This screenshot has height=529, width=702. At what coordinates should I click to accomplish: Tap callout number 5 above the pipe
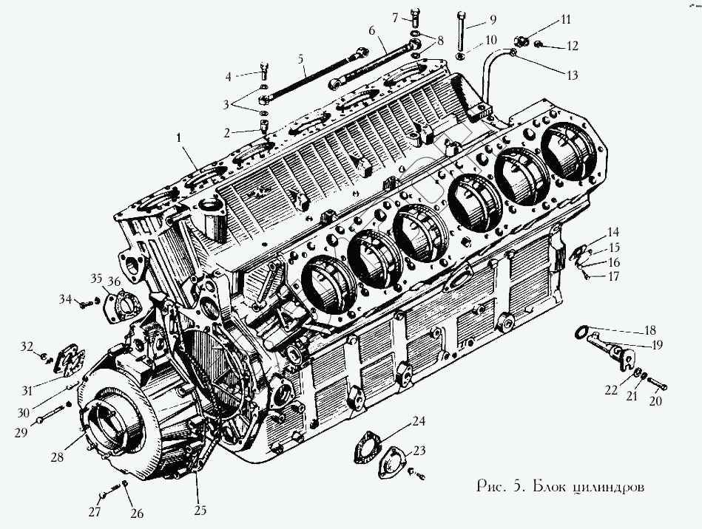click(301, 58)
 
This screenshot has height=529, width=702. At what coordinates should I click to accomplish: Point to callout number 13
click(572, 75)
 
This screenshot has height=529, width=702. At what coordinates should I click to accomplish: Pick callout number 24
click(419, 422)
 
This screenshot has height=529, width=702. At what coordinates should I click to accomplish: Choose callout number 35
click(95, 279)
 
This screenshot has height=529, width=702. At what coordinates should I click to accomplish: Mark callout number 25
click(200, 509)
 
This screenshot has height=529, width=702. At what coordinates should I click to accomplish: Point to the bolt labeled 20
click(658, 386)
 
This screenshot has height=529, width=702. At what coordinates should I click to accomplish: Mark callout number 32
click(27, 346)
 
